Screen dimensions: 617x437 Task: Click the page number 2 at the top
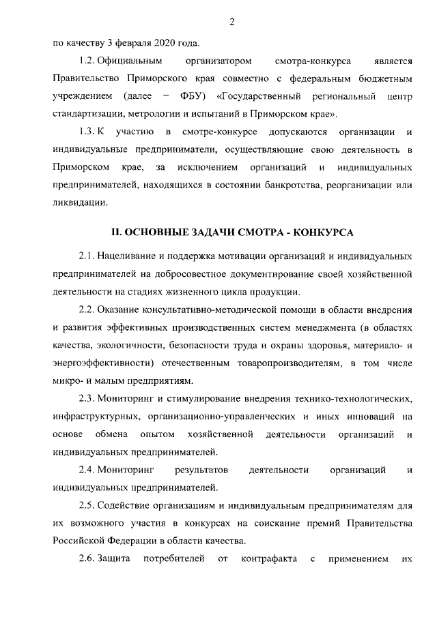tap(232, 22)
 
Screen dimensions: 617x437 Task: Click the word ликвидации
tap(79, 202)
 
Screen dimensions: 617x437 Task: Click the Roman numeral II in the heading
tap(117, 232)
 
